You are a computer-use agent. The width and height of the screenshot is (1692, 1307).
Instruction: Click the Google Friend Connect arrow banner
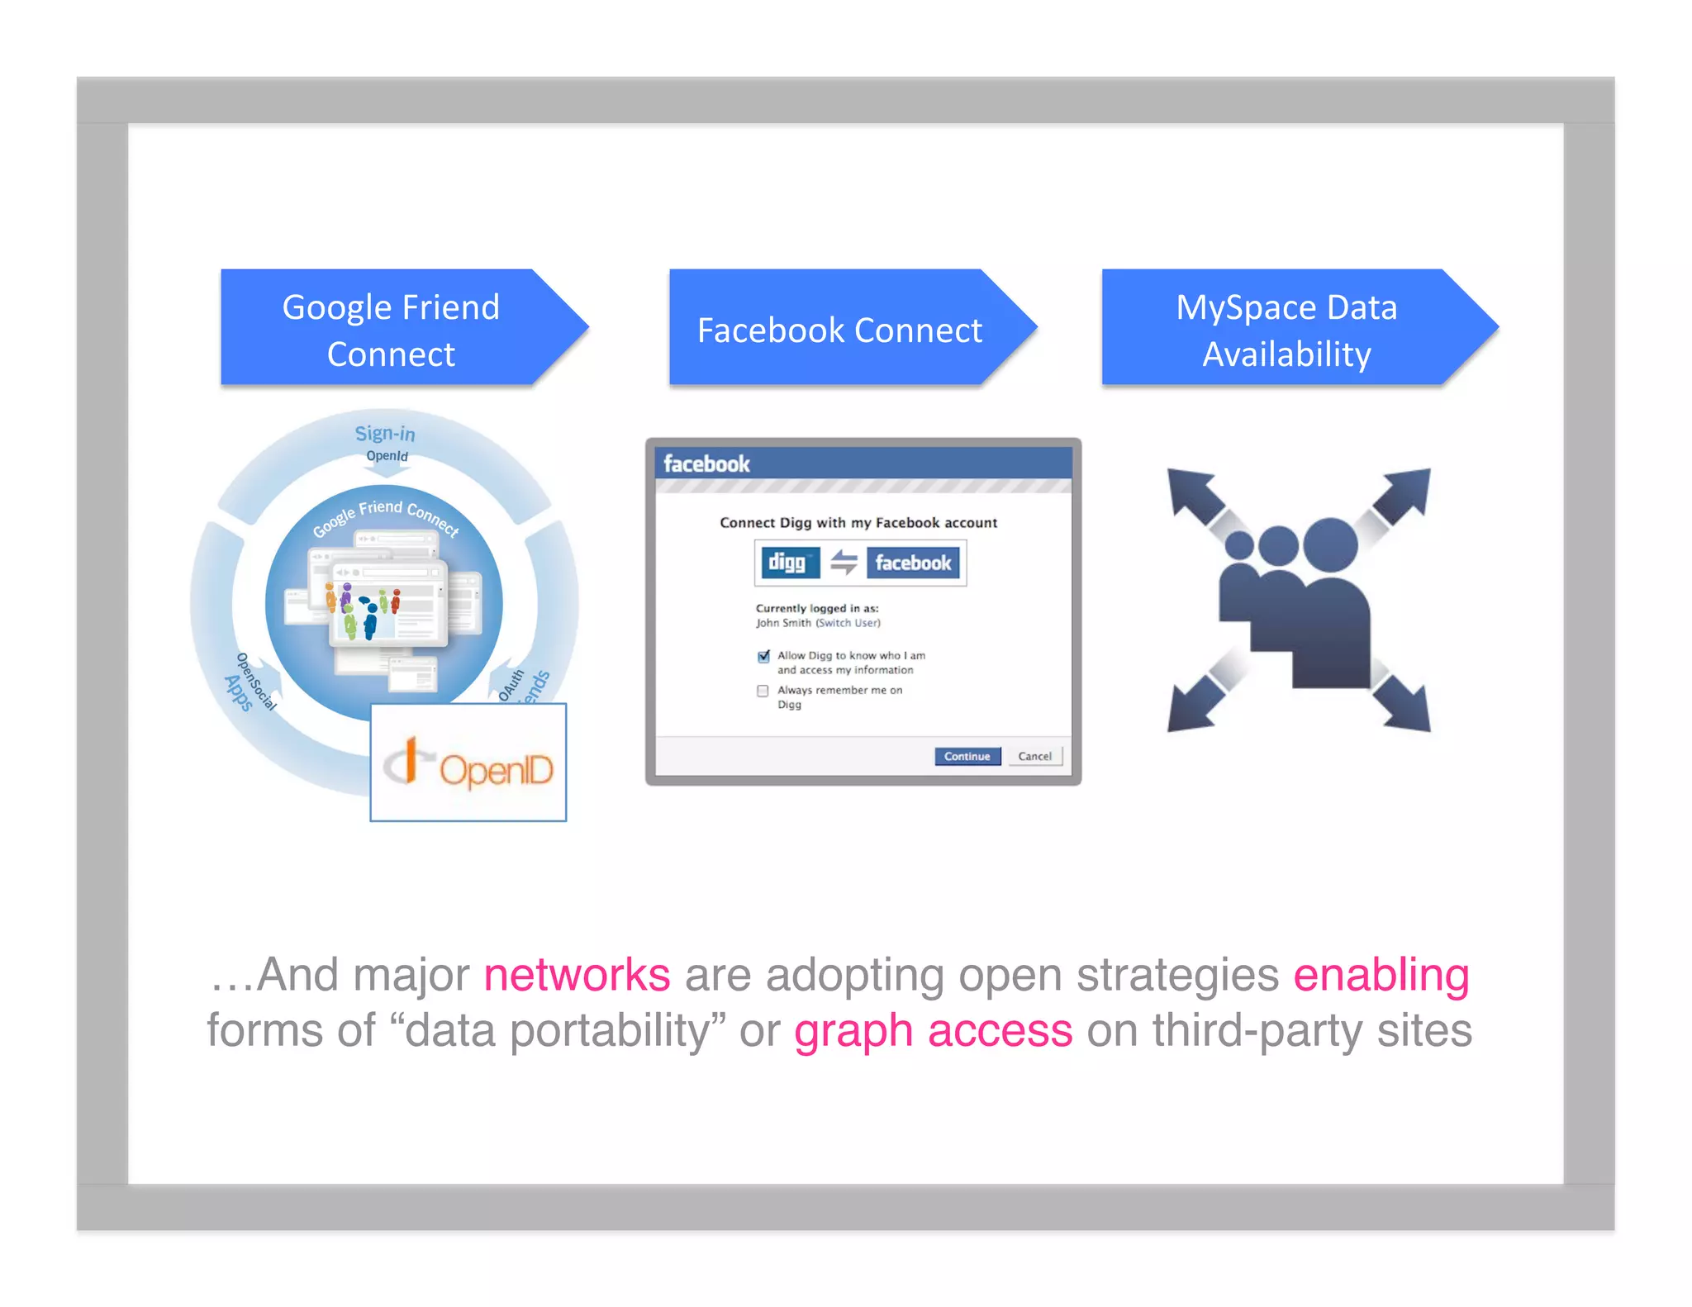(x=392, y=329)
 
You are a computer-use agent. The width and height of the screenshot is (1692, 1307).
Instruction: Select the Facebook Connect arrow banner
(x=840, y=329)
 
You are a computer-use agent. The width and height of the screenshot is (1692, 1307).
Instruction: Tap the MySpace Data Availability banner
(x=1286, y=329)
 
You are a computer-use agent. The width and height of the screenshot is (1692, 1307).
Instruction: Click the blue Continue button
(x=967, y=756)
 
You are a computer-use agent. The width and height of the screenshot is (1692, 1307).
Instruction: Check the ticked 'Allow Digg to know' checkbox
(x=763, y=657)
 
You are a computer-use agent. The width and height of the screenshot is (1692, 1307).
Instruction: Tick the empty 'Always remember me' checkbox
(x=763, y=691)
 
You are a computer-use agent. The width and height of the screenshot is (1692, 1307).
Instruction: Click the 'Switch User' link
(x=848, y=623)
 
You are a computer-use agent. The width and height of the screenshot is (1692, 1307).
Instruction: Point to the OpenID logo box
(x=468, y=762)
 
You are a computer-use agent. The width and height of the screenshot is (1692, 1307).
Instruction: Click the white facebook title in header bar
(x=706, y=463)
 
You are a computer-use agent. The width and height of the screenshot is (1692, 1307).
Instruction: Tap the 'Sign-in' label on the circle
(x=385, y=433)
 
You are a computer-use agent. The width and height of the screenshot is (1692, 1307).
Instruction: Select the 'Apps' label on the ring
(x=238, y=692)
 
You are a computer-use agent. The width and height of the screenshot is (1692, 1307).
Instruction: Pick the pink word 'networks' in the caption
(x=577, y=975)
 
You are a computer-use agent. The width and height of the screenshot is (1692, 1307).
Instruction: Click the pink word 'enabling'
(x=1381, y=975)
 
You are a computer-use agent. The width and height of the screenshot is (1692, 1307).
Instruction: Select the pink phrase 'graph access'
(x=933, y=1031)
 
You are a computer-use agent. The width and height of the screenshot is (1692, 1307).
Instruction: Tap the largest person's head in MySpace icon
(x=1329, y=545)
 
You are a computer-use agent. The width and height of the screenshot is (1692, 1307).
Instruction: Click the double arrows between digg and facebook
(x=844, y=563)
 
